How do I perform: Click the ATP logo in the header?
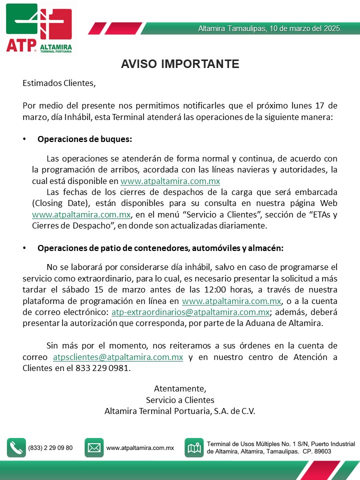39,28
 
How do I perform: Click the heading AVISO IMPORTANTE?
180,64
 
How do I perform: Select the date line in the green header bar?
270,29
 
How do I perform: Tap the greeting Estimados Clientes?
58,83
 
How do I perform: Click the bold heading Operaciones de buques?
84,138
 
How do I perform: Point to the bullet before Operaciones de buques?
24,138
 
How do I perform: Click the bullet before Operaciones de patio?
24,248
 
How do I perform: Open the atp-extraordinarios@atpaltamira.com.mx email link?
190,312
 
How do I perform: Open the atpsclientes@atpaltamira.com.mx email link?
118,357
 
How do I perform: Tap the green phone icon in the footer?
16,447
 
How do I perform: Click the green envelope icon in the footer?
94,447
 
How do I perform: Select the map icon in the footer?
193,447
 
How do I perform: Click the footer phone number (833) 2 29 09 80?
50,448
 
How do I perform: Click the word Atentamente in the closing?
180,388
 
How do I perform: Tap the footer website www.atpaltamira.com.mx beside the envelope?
140,448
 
